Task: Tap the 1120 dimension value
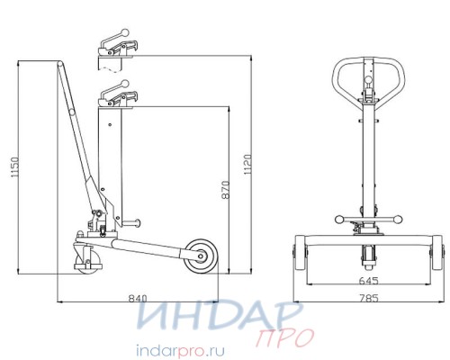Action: [247, 165]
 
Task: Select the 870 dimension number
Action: [226, 190]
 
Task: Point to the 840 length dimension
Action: [138, 299]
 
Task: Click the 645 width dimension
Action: [369, 281]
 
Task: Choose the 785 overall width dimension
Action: [369, 298]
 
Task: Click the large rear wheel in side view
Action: [201, 256]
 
